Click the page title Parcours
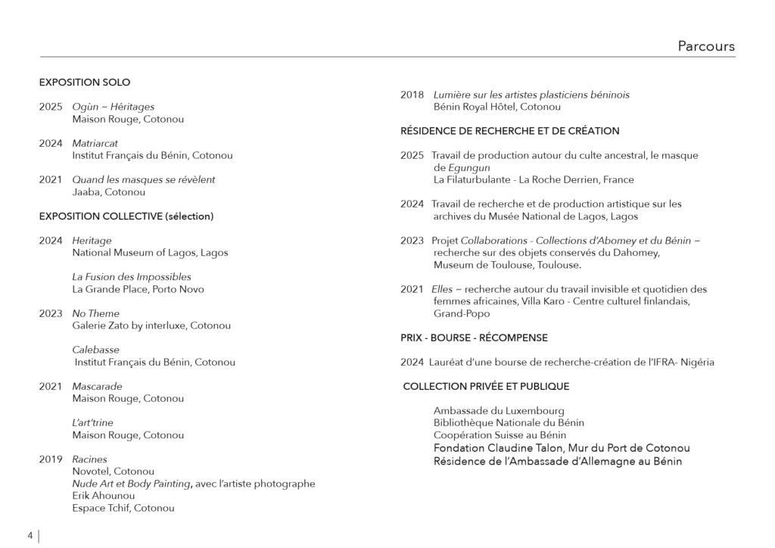705,47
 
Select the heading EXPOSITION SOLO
85,83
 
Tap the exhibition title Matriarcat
95,143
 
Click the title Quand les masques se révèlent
143,179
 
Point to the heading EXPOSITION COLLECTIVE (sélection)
126,216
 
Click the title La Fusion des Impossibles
131,277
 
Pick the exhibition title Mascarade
97,387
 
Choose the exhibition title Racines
89,459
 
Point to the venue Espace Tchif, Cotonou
123,508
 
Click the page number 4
30,536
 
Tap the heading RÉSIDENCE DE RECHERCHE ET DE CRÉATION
509,131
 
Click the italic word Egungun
462,167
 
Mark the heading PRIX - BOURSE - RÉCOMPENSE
474,338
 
